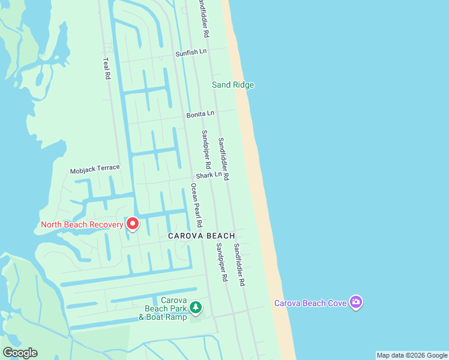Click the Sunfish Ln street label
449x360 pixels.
(x=191, y=53)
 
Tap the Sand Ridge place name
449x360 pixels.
(x=233, y=85)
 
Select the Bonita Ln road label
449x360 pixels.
(x=200, y=113)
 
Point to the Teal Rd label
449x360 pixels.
(x=107, y=68)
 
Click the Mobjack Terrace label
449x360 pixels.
(x=95, y=169)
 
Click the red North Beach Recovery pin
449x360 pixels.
(x=131, y=224)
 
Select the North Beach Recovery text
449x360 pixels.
(x=82, y=225)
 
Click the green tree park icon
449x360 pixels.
(x=195, y=308)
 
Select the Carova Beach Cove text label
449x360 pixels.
(x=310, y=303)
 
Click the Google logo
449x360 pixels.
(x=20, y=353)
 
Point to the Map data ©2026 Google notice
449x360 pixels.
(x=412, y=355)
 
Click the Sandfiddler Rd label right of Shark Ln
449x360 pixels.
(x=224, y=159)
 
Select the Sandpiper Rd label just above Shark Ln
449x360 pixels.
(x=206, y=149)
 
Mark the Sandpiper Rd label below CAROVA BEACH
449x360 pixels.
(x=222, y=262)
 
